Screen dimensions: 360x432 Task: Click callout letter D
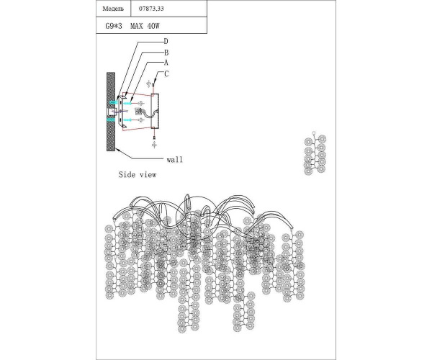pos(166,42)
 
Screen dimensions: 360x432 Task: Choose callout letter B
pos(166,53)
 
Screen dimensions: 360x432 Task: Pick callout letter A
pos(166,63)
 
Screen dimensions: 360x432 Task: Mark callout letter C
pos(166,73)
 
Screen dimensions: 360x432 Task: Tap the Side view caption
pos(137,175)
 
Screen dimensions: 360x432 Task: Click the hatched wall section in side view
pos(111,112)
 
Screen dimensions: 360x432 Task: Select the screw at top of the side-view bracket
pos(153,85)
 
